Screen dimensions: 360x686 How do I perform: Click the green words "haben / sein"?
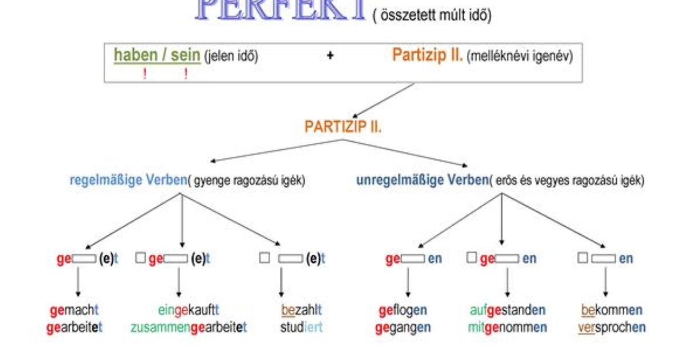point(157,55)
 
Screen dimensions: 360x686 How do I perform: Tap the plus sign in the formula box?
point(330,56)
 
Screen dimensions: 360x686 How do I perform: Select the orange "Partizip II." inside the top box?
point(428,55)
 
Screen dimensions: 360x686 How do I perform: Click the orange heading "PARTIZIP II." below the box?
point(343,127)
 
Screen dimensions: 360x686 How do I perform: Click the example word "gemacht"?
point(74,310)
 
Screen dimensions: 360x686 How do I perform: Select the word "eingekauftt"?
point(189,310)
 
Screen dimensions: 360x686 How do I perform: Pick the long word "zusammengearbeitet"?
point(189,328)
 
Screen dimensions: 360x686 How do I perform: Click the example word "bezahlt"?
point(301,310)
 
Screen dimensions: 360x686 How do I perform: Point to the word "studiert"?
point(301,328)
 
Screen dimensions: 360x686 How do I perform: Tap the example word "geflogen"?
point(402,310)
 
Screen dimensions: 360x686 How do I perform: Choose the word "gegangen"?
point(402,328)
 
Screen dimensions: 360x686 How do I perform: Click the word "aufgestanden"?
point(507,310)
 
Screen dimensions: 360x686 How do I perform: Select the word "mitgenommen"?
point(507,328)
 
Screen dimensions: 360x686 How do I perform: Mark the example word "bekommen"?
point(612,310)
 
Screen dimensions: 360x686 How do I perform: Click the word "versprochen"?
point(612,328)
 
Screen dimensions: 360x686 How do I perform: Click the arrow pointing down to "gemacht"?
point(78,283)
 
